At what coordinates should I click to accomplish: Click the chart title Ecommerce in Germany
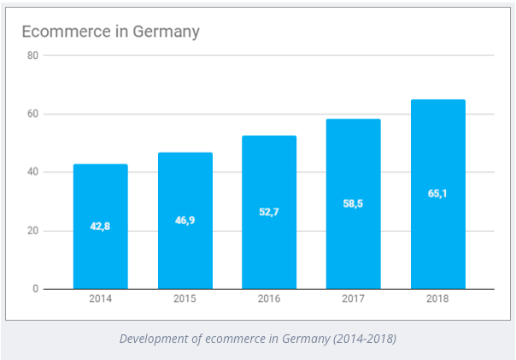tap(110, 32)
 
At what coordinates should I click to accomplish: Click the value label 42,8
tap(101, 227)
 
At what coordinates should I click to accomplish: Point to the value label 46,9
tap(185, 221)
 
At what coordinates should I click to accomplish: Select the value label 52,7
tap(269, 212)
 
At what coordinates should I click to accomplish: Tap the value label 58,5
tap(354, 204)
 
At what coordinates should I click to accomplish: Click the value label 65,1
tap(437, 193)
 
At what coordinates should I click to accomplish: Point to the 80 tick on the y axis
tap(33, 56)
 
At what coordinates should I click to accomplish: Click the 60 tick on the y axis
tap(33, 114)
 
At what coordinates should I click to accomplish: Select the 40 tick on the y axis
tap(33, 172)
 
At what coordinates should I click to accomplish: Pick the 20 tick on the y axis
tap(33, 231)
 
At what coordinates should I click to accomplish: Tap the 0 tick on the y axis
tap(36, 289)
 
